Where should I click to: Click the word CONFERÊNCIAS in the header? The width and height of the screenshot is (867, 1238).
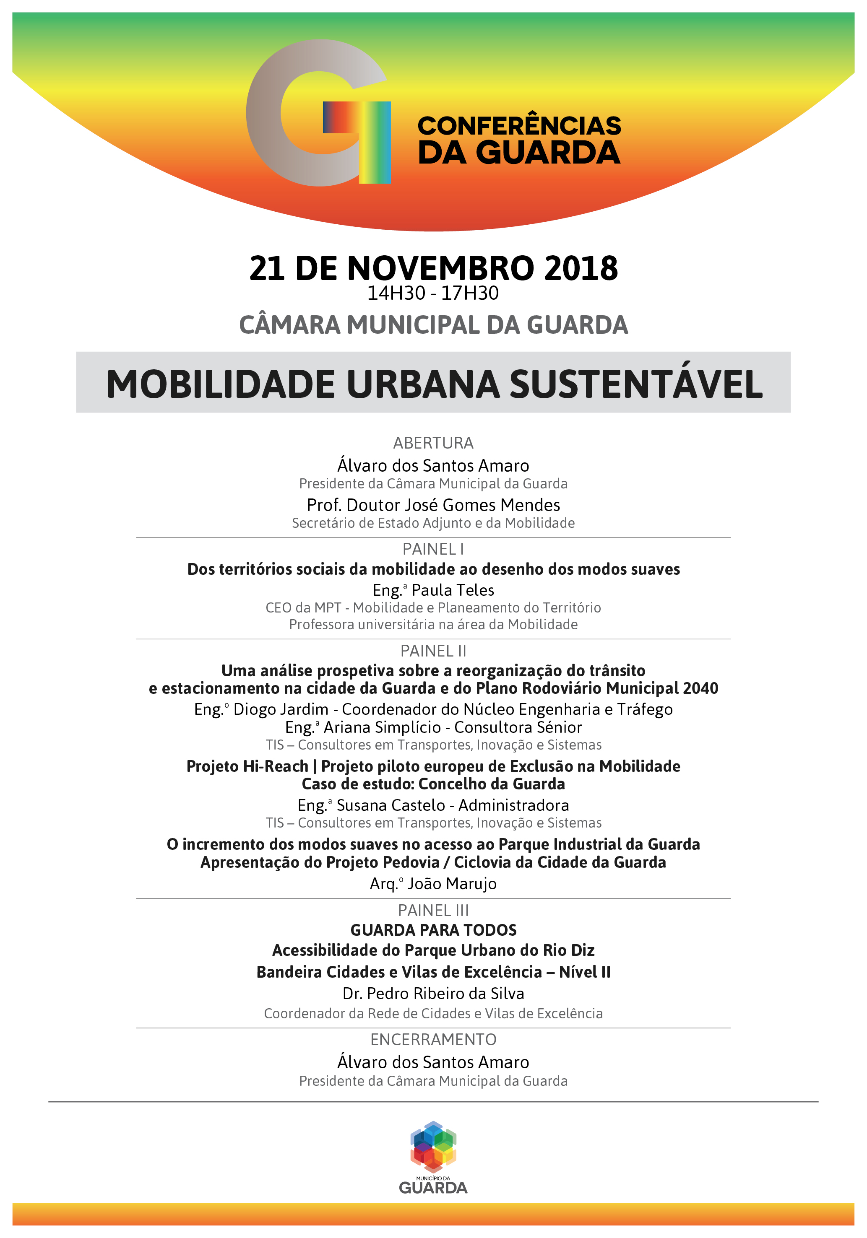(519, 126)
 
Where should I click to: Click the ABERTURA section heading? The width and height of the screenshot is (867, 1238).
(433, 443)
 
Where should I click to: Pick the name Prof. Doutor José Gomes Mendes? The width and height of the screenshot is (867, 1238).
(433, 505)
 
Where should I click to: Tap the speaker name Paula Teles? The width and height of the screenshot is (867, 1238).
(453, 590)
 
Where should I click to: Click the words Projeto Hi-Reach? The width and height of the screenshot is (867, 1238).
(247, 766)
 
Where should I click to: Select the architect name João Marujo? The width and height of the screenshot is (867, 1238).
(452, 884)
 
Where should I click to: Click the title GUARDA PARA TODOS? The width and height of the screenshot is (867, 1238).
(433, 930)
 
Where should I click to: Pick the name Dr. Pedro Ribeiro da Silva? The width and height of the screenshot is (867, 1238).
(433, 993)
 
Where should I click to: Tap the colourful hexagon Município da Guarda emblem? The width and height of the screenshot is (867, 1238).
(433, 1146)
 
